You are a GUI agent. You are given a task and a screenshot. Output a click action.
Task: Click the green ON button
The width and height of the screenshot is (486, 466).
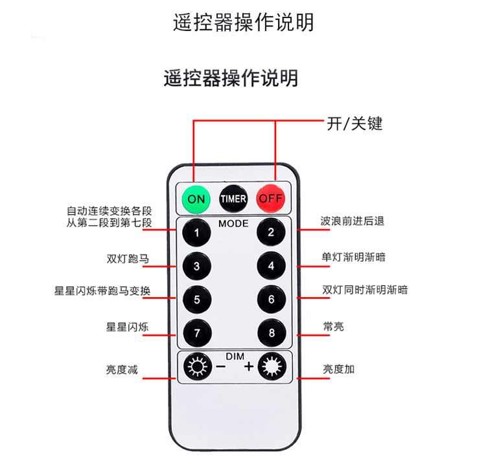(x=196, y=199)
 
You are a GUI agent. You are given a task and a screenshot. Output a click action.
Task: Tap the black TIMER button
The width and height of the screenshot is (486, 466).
(x=233, y=199)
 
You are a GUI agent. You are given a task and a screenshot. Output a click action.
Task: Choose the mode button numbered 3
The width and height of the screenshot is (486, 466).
(x=196, y=266)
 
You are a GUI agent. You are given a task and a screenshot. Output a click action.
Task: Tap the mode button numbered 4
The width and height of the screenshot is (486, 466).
(x=271, y=266)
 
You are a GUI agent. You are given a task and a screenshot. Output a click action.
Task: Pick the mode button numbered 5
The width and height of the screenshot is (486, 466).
(x=196, y=300)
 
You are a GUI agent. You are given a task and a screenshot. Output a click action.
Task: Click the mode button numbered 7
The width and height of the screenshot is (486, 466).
(x=196, y=333)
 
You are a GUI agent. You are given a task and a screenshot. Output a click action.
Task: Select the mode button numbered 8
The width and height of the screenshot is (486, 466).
(x=271, y=333)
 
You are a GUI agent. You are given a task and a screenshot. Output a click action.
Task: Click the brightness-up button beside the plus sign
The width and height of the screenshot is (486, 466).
(x=271, y=368)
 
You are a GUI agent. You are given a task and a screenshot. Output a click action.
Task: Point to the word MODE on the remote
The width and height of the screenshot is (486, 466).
(x=233, y=223)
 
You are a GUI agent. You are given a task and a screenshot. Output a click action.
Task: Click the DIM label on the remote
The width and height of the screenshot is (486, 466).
(x=234, y=356)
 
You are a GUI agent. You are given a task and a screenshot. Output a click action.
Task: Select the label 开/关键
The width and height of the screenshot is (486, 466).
(x=354, y=124)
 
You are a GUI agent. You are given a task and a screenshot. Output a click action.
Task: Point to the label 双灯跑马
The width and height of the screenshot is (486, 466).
(x=127, y=259)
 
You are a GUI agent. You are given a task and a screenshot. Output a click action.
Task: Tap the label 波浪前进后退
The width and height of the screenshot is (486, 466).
(x=352, y=221)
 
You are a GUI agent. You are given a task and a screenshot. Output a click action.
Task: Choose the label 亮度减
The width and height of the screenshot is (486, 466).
(x=122, y=370)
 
